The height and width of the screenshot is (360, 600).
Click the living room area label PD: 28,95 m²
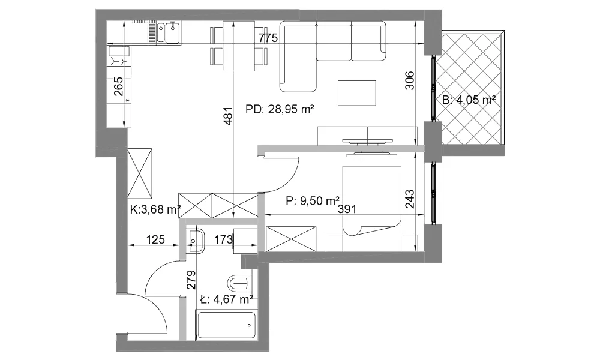[280, 109]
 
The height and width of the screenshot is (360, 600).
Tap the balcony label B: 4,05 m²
[469, 100]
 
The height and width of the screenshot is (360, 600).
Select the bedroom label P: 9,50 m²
[313, 200]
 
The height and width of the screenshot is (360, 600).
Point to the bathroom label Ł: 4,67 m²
[227, 299]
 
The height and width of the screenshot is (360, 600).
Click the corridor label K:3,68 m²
[155, 209]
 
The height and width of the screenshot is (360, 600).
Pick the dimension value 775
[268, 38]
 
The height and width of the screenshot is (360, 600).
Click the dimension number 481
[228, 116]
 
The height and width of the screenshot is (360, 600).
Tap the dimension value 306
[409, 80]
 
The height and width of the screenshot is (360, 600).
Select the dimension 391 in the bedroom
[347, 209]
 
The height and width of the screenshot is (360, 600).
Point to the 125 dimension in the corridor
[155, 239]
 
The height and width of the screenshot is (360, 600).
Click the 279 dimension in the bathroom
[191, 280]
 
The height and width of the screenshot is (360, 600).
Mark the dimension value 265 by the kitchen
[119, 86]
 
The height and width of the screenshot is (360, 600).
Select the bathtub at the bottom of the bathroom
[227, 325]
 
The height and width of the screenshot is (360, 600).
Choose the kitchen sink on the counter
[169, 33]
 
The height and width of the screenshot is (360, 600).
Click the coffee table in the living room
[356, 93]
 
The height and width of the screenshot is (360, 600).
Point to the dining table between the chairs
[239, 46]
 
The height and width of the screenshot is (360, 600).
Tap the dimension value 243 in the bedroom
[409, 199]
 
